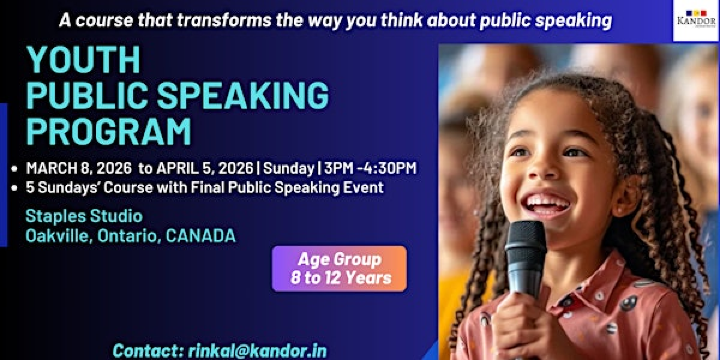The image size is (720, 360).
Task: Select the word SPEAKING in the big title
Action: [x=244, y=97]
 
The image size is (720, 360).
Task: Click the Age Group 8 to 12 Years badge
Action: [x=339, y=268]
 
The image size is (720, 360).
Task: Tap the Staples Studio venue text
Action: [x=84, y=215]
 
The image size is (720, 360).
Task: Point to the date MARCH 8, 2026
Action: [x=77, y=168]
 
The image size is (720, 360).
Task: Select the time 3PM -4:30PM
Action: [x=367, y=168]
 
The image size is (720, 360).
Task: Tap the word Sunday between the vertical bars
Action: [x=289, y=168]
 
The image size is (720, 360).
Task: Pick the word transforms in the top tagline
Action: [x=199, y=20]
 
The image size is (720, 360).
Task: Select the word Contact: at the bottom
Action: [x=148, y=350]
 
